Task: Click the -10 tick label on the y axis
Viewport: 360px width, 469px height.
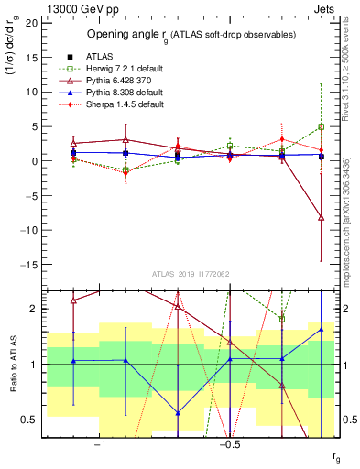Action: click(28, 230)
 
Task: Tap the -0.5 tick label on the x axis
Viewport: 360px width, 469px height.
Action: click(229, 443)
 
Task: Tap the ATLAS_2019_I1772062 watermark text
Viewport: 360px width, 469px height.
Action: click(190, 274)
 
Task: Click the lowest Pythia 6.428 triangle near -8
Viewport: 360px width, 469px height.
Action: click(321, 217)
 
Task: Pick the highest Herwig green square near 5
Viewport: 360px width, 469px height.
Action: click(321, 126)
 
